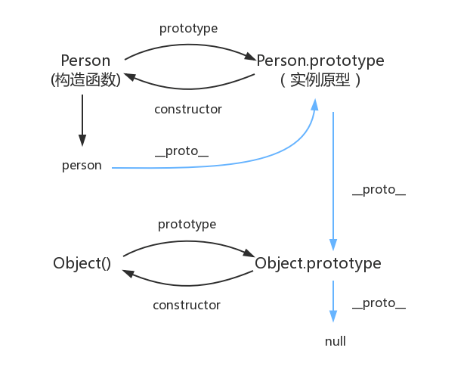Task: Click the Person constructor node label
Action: tap(85, 61)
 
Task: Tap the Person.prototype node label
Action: tap(320, 61)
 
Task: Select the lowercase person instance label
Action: tap(82, 166)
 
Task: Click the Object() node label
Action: tap(82, 263)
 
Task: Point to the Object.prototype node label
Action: tap(318, 263)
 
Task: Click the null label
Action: tap(335, 341)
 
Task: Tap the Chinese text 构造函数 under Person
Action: tap(85, 79)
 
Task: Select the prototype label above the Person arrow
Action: tap(188, 28)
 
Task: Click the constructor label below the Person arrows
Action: tap(188, 109)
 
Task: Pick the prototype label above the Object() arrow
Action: tap(187, 225)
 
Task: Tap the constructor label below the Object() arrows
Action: tap(187, 305)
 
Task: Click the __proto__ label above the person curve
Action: tap(181, 151)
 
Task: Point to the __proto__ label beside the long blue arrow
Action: tap(379, 190)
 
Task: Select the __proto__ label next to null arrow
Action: tap(379, 303)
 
